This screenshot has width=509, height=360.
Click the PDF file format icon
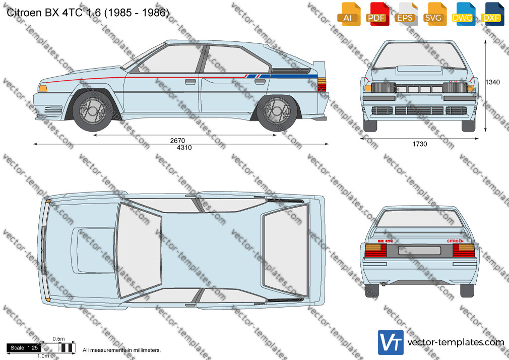pyautogui.click(x=377, y=14)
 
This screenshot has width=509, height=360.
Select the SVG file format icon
pyautogui.click(x=435, y=14)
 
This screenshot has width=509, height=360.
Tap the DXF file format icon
pyautogui.click(x=492, y=14)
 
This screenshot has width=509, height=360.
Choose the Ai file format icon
pyautogui.click(x=349, y=14)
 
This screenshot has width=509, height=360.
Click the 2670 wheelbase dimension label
pyautogui.click(x=177, y=140)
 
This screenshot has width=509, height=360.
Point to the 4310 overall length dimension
pyautogui.click(x=184, y=148)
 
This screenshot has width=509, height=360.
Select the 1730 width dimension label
pyautogui.click(x=420, y=144)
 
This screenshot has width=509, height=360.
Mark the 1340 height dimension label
pyautogui.click(x=492, y=82)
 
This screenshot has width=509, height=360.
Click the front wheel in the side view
pyautogui.click(x=93, y=111)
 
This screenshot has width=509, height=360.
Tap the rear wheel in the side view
pyautogui.click(x=277, y=111)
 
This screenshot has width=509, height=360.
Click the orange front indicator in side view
pyautogui.click(x=42, y=88)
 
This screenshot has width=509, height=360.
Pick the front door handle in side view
pyautogui.click(x=190, y=82)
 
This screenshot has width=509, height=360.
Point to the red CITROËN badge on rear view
pyautogui.click(x=455, y=241)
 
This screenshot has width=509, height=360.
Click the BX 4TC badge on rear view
pyautogui.click(x=386, y=242)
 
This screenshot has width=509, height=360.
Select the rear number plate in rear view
pyautogui.click(x=419, y=251)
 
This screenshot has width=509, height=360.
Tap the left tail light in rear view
pyautogui.click(x=375, y=250)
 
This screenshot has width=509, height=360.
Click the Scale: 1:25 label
pyautogui.click(x=24, y=348)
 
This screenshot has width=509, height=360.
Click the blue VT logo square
pyautogui.click(x=391, y=342)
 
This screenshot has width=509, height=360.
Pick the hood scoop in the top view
pyautogui.click(x=93, y=250)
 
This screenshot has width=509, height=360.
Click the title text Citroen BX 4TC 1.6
pyautogui.click(x=53, y=13)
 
